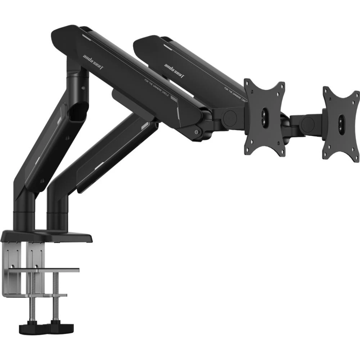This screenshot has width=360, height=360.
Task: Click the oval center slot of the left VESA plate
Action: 265,116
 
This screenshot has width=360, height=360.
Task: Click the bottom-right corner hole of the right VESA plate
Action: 354,156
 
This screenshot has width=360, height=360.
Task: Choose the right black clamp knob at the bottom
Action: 62,327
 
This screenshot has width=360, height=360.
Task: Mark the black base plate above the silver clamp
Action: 47,237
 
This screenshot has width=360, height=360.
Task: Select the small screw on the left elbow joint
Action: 84,88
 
